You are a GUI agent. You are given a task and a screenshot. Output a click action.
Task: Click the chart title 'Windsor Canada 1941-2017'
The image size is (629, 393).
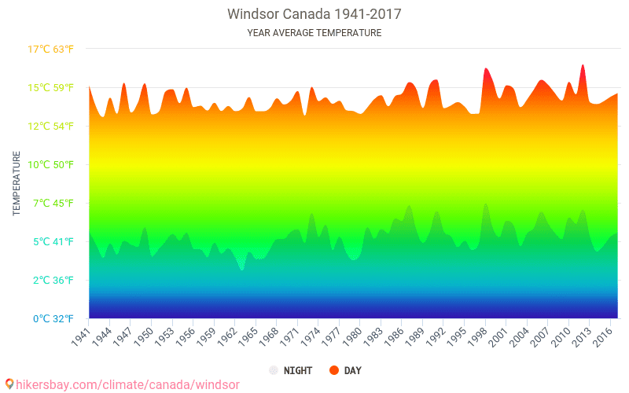[314, 14]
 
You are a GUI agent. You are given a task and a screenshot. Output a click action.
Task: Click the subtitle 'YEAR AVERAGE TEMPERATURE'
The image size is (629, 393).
[314, 33]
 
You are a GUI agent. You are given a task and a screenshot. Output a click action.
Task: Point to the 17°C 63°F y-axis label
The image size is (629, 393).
[51, 50]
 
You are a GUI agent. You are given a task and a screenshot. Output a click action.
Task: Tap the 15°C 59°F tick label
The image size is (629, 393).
[51, 87]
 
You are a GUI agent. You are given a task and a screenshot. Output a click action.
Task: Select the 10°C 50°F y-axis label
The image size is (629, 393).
[51, 164]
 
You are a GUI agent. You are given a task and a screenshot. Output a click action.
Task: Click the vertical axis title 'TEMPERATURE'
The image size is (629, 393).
[17, 184]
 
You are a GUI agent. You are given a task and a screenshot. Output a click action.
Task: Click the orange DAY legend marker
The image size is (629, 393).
[334, 370]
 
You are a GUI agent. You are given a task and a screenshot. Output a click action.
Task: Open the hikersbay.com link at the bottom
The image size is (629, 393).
[122, 384]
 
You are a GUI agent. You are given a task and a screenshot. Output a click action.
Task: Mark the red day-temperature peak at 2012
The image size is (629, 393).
[583, 66]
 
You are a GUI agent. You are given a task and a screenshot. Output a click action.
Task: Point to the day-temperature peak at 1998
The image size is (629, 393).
[486, 69]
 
